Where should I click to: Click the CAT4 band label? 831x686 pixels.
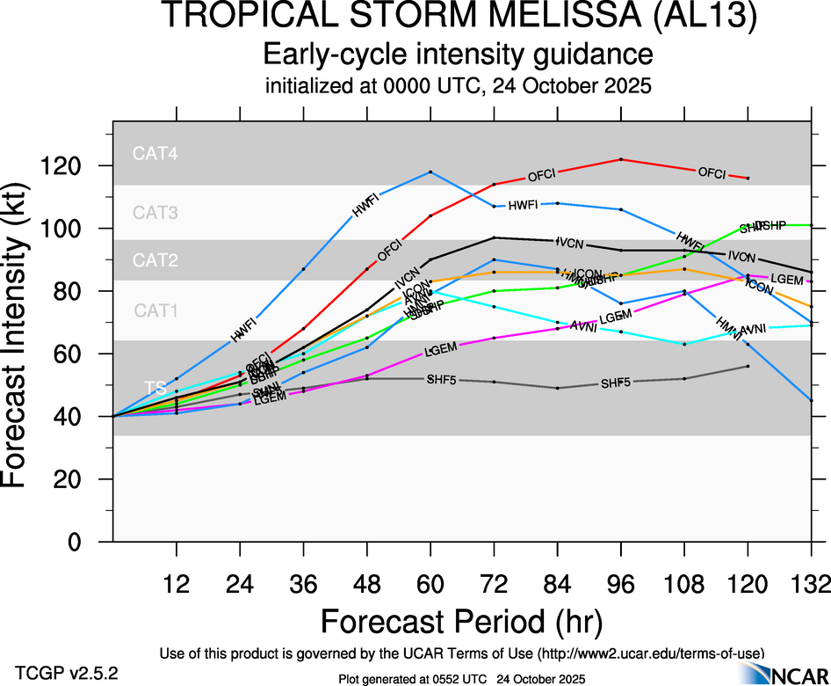point(155,153)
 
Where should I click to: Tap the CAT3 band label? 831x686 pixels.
point(155,212)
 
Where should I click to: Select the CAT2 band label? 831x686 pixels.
point(155,260)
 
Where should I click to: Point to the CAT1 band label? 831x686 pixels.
point(155,310)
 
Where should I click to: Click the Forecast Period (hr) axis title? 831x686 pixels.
point(461,622)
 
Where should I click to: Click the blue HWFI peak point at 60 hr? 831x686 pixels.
point(430,171)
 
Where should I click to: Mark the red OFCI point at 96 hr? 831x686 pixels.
point(621,159)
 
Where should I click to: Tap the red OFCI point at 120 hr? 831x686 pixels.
point(748,178)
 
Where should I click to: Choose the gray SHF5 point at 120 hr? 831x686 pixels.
point(748,366)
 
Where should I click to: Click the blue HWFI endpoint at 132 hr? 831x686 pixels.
point(811,400)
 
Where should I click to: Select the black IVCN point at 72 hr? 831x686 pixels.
point(495,237)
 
